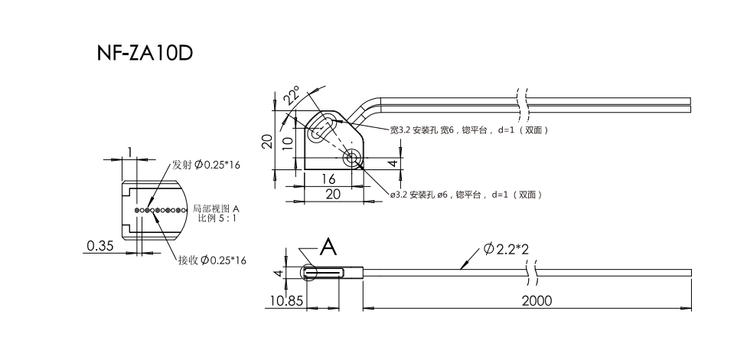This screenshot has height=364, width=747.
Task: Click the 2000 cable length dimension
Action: [x=536, y=301]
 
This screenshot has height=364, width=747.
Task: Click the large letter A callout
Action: [x=328, y=246]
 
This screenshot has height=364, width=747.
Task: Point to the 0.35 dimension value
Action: [x=100, y=246]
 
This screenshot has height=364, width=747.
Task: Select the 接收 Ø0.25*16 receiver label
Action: [x=212, y=261]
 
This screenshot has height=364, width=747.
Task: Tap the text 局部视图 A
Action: [x=216, y=208]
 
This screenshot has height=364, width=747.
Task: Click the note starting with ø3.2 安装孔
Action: [x=466, y=195]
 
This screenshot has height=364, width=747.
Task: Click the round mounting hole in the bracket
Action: [x=352, y=159]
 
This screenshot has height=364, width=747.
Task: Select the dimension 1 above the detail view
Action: [x=131, y=152]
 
